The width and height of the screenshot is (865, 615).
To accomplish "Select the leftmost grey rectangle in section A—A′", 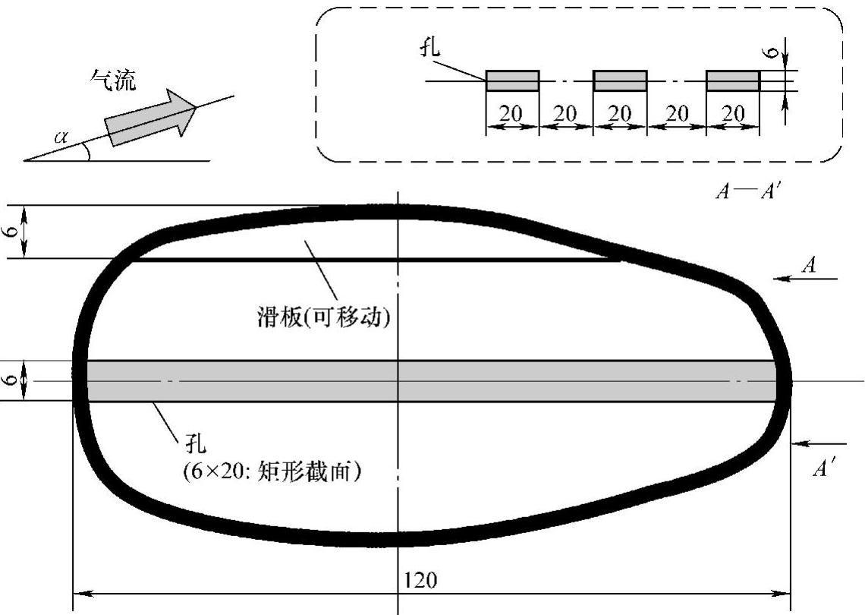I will click(512, 80).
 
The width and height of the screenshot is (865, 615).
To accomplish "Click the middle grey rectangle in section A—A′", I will click(620, 80).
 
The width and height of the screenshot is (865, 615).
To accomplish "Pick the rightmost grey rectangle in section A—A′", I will click(732, 80).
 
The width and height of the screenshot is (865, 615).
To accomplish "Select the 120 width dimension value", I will click(421, 581).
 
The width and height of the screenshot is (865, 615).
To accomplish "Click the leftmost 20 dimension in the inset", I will click(512, 114).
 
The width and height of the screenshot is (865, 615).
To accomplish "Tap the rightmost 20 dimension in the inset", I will click(732, 114).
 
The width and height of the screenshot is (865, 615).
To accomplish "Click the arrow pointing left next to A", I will click(805, 279).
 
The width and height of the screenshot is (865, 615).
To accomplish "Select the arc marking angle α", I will click(89, 151).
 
